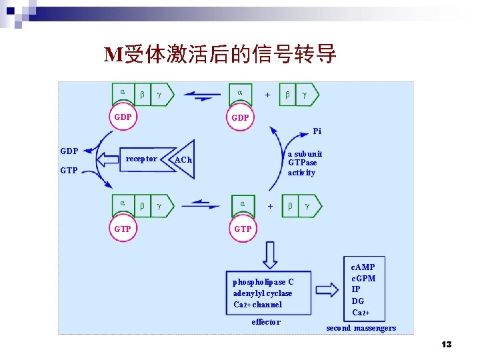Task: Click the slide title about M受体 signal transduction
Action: click(x=221, y=54)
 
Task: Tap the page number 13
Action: click(x=446, y=344)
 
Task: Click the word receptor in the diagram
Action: click(x=141, y=159)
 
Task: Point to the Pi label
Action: click(x=317, y=131)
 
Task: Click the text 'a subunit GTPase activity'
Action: click(x=305, y=163)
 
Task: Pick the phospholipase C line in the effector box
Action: click(x=263, y=282)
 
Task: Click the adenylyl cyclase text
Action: click(x=263, y=293)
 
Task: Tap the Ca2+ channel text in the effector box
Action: click(x=258, y=305)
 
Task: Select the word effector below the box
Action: click(x=266, y=322)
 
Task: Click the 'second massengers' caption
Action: click(x=361, y=327)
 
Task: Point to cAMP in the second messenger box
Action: click(x=363, y=267)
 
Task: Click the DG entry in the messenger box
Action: click(x=358, y=301)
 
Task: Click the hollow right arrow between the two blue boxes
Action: click(x=327, y=290)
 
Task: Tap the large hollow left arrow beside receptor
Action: click(x=109, y=159)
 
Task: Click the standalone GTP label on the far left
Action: click(x=69, y=171)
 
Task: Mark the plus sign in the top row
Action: click(x=267, y=95)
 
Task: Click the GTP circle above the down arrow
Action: click(x=243, y=229)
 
